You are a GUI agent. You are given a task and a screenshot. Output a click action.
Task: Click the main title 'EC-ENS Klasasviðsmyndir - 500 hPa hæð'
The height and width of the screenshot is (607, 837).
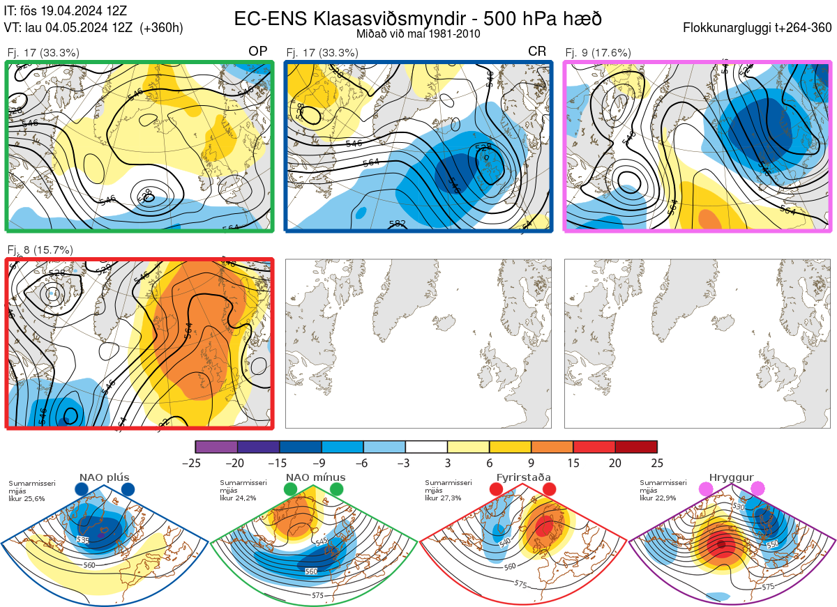click(418, 18)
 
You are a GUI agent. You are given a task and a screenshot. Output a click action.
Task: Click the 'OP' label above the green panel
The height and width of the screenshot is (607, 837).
click(258, 52)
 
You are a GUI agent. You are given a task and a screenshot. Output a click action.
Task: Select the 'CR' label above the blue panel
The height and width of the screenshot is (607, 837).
click(537, 52)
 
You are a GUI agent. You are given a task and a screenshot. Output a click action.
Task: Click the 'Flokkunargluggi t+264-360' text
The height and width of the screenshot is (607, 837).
click(759, 29)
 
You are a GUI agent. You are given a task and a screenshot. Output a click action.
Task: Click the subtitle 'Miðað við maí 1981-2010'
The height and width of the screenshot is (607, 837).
click(418, 33)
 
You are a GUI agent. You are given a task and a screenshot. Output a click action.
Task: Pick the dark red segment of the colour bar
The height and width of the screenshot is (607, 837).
click(636, 447)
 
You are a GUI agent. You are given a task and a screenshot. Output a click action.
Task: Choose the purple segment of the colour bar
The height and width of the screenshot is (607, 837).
click(216, 447)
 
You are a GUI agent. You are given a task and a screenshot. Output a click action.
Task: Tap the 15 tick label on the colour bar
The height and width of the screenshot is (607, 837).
click(573, 463)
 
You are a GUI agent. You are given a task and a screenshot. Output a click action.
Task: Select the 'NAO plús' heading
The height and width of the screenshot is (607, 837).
click(105, 477)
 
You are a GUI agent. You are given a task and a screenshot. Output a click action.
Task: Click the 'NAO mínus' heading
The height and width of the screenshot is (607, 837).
click(315, 477)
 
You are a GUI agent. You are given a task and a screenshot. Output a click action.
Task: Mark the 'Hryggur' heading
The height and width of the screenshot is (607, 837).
click(731, 477)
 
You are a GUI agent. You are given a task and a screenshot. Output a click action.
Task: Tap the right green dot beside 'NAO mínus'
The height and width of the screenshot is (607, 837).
click(338, 490)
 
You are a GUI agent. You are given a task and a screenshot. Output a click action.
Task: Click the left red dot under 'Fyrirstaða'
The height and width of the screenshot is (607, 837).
click(497, 490)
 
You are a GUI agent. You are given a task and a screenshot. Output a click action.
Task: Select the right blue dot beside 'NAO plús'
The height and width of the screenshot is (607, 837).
click(128, 490)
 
